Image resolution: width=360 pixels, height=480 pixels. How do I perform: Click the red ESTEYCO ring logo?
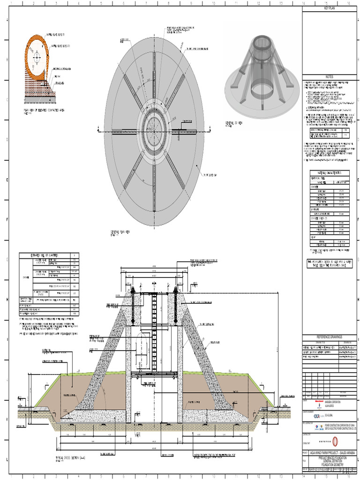click(335, 441)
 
